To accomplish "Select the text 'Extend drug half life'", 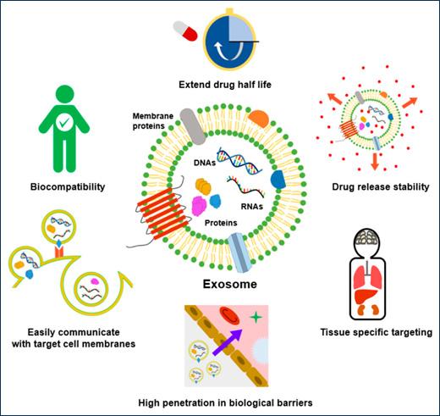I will pos(220,86).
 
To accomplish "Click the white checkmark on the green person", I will pos(63,124).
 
